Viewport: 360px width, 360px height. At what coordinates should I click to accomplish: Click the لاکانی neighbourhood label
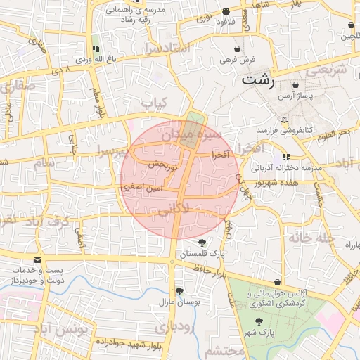tap(174, 209)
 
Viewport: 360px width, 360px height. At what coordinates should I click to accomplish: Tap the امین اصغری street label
tap(142, 188)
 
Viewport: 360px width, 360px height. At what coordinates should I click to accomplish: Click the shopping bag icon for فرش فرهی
tap(237, 49)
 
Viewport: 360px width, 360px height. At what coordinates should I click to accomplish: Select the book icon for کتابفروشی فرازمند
tap(284, 120)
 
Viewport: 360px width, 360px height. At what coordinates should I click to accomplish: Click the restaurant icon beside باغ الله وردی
tap(94, 49)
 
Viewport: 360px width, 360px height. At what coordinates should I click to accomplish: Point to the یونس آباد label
tap(63, 330)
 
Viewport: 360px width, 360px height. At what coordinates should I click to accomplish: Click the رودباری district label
tap(173, 327)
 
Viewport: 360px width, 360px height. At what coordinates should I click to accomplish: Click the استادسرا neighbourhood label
tap(167, 48)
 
